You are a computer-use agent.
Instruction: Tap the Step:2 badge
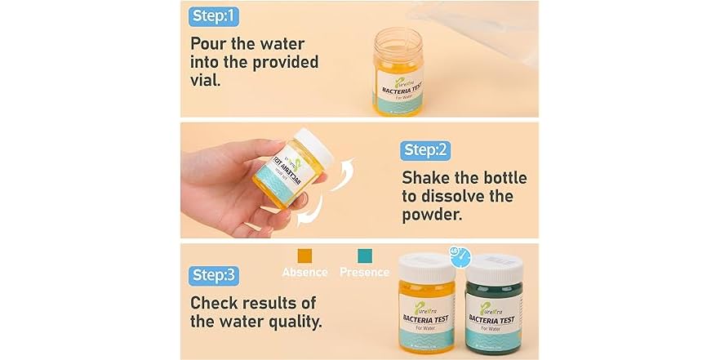[x=425, y=150]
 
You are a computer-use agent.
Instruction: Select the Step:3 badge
[x=214, y=275]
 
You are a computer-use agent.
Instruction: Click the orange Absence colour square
[x=304, y=256]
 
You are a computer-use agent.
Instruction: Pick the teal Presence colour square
[x=364, y=256]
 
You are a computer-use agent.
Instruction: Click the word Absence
[x=304, y=273]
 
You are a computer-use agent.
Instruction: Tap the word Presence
[x=364, y=273]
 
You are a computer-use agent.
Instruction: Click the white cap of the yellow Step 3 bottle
[x=426, y=267]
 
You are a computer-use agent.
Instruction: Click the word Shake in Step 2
[x=427, y=178]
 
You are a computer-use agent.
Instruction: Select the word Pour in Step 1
[x=210, y=43]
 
